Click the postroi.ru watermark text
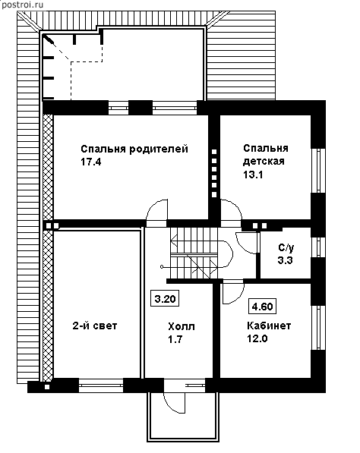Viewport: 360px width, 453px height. [x=22, y=5]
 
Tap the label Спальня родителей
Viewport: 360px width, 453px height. [x=134, y=149]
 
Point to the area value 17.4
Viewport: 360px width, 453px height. [x=91, y=162]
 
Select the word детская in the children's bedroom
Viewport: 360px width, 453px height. [x=264, y=161]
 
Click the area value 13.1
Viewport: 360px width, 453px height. [x=253, y=175]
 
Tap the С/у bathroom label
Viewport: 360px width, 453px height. [x=286, y=247]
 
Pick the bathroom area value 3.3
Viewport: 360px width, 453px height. [x=286, y=260]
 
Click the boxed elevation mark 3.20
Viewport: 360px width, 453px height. [x=165, y=298]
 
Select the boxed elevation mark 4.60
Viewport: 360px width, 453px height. [x=262, y=307]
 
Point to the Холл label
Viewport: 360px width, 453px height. [x=182, y=327]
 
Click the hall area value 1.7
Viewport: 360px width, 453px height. [x=175, y=339]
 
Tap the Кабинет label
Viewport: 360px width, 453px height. [x=269, y=326]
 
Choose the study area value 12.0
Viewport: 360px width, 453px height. [x=257, y=338]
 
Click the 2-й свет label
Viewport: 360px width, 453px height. [x=95, y=326]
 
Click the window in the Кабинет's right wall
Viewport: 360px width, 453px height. [x=319, y=328]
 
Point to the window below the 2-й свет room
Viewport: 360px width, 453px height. [x=101, y=385]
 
